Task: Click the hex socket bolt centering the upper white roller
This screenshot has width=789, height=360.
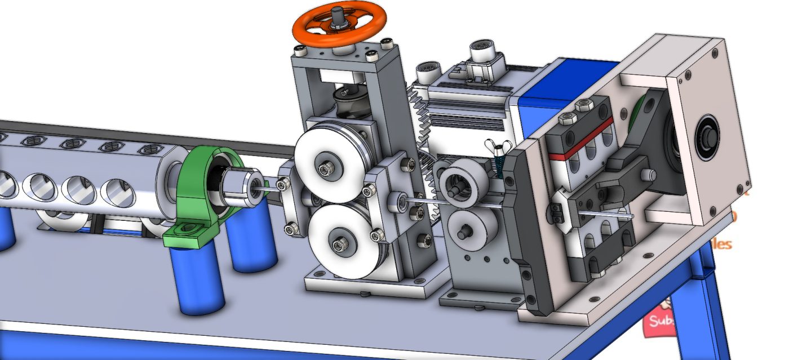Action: [x=326, y=168]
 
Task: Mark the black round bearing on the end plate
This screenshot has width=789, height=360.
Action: [x=706, y=136]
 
